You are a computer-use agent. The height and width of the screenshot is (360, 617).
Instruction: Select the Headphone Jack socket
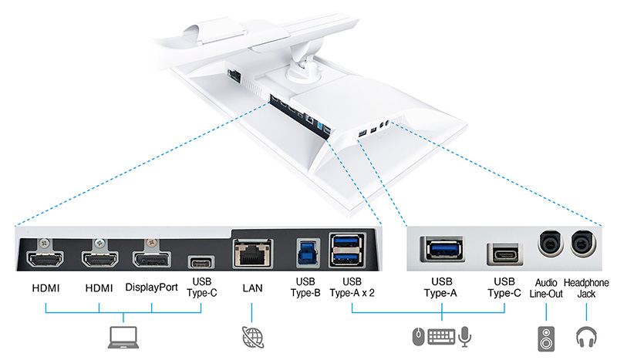coord(585,245)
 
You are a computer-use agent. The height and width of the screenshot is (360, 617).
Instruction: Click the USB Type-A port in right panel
coord(442,250)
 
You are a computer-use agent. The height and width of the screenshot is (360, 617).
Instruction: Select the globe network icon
coord(251,337)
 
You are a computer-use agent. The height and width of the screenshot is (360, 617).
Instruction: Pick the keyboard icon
coord(442,337)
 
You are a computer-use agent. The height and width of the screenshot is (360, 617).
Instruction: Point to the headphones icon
coord(586,337)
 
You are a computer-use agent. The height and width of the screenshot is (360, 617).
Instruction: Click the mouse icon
coord(417,338)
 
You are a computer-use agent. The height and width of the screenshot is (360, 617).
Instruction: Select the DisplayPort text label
coord(151,288)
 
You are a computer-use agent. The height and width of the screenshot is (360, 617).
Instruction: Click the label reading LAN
coord(251,288)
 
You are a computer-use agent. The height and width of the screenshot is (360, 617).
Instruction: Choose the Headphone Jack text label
coord(586,287)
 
